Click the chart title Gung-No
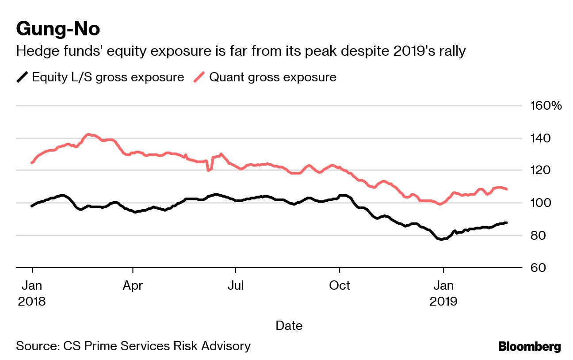tap(58, 29)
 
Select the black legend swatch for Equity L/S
tap(22, 77)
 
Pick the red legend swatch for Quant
tap(199, 77)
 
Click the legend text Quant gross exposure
tap(272, 77)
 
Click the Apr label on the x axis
tap(133, 286)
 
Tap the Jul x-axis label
tap(236, 286)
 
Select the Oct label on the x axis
tap(339, 286)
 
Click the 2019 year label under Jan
tap(443, 302)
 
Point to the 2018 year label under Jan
tap(32, 302)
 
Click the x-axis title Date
tap(289, 326)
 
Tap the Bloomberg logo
tap(529, 346)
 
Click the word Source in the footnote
tap(35, 346)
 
